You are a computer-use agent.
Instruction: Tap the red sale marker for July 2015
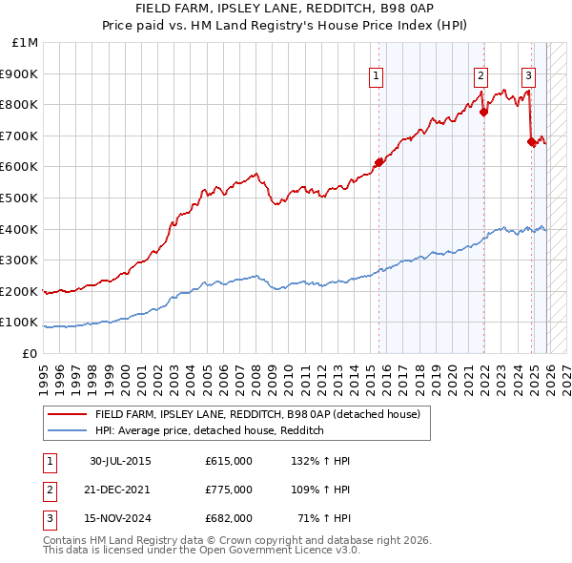pos(378,162)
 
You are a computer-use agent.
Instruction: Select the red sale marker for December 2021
pos(483,112)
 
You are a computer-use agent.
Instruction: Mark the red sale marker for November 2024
pos(531,141)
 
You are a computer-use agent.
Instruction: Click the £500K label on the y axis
pos(21,198)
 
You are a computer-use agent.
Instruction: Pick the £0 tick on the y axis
pos(31,353)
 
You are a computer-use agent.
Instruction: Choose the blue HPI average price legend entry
pos(210,431)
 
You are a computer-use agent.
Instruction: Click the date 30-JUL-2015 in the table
pos(120,461)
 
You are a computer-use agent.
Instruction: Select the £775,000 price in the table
pos(229,490)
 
